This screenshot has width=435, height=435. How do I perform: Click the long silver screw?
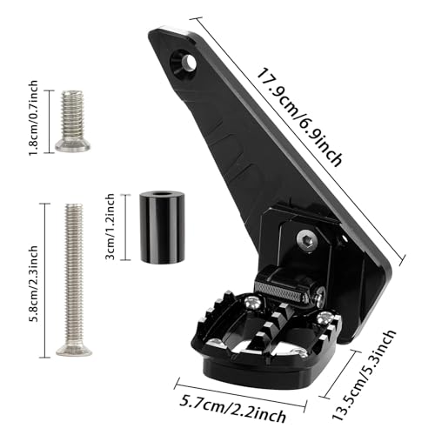pyautogui.click(x=74, y=278)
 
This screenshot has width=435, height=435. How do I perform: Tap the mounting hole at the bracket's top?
pyautogui.click(x=185, y=61)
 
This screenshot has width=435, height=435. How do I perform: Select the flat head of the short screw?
pyautogui.click(x=72, y=144)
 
